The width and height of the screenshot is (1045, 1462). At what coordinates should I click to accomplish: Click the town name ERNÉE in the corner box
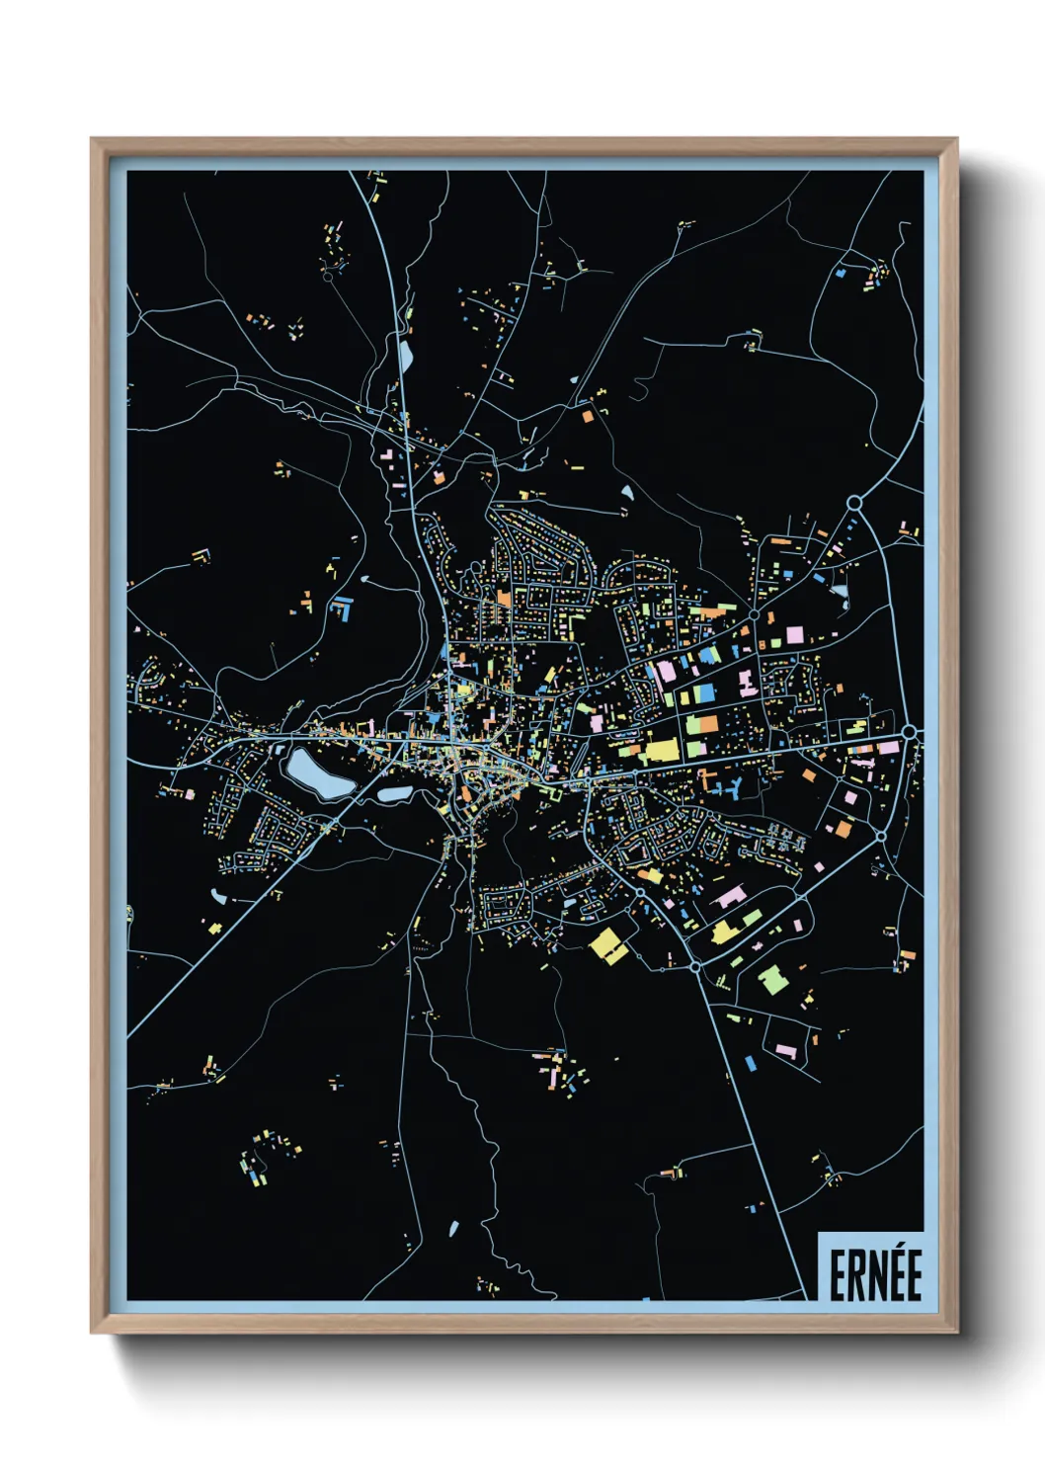[x=874, y=1275]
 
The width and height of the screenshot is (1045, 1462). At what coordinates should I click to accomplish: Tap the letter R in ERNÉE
[x=854, y=1276]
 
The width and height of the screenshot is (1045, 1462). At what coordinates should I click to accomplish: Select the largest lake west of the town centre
[x=318, y=772]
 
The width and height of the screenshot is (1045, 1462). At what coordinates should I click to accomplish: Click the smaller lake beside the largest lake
[x=393, y=793]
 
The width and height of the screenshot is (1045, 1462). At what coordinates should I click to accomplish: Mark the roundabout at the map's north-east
[x=854, y=504]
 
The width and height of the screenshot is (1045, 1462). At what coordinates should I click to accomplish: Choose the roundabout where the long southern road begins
[x=694, y=966]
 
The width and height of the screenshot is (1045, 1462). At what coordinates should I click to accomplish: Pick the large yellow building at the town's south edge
[x=609, y=945]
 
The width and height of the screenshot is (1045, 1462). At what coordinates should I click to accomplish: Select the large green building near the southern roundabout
[x=772, y=980]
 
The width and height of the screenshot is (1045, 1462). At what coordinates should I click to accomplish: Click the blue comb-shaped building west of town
[x=341, y=607]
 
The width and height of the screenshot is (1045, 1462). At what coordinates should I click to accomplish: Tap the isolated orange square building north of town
[x=588, y=416]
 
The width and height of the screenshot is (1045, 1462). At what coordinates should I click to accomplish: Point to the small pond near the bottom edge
[x=453, y=1229]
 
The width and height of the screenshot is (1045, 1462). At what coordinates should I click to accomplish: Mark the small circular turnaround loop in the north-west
[x=327, y=277]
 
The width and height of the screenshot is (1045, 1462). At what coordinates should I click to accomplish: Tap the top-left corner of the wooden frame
[x=93, y=140]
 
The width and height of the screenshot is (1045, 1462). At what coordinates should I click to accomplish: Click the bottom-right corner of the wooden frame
[x=955, y=1331]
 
